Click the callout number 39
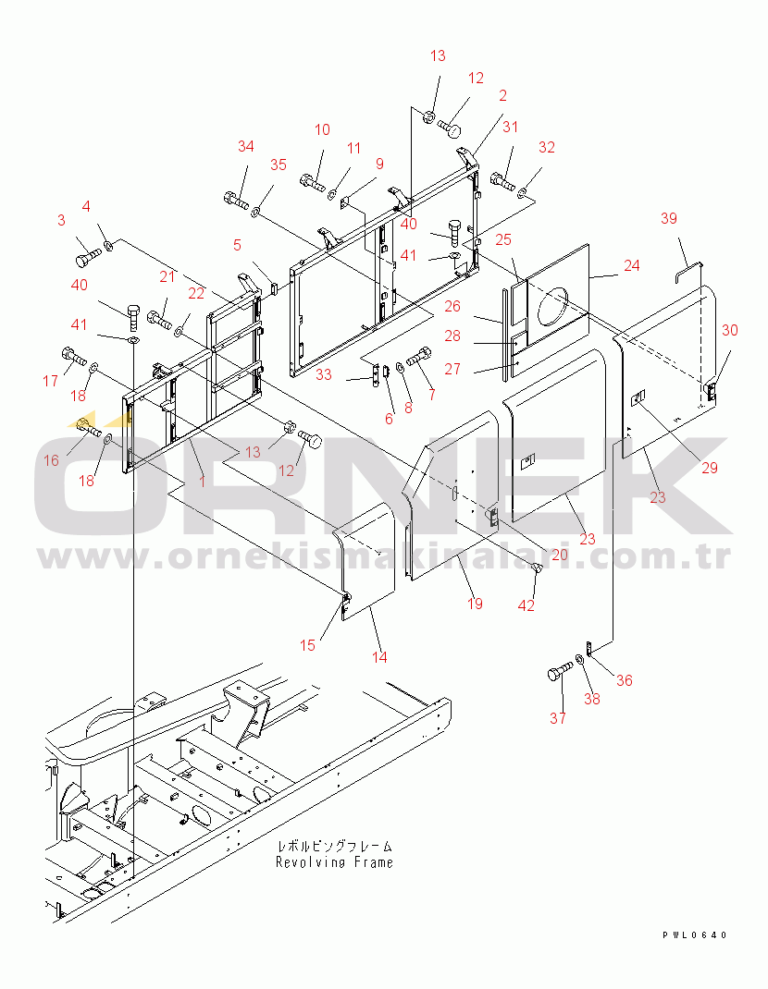pos(669,218)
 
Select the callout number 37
pos(558,718)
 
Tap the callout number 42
pos(526,605)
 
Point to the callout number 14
pos(379,656)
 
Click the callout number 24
pos(632,265)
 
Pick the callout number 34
pos(246,146)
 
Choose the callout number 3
pos(61,220)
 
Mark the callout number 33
pos(323,374)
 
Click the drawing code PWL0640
pos(695,934)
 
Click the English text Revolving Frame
pos(334,862)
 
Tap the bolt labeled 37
pos(560,670)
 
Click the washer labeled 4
pos(108,244)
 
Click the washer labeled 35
pos(255,213)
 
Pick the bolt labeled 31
pos(502,181)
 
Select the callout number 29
pos(710,468)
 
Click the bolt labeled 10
pos(313,180)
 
